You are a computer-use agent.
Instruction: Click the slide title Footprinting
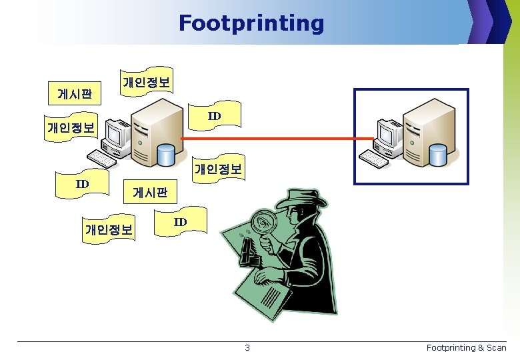(x=251, y=23)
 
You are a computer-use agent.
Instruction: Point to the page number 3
(x=247, y=347)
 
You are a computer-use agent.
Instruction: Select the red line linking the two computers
(x=280, y=139)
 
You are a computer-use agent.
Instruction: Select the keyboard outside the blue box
(x=102, y=158)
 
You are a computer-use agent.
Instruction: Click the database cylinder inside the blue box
(x=438, y=155)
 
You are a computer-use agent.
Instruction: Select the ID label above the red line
(x=214, y=117)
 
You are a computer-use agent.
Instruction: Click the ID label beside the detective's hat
(x=181, y=222)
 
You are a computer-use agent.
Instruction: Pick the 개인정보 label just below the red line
(x=219, y=169)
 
